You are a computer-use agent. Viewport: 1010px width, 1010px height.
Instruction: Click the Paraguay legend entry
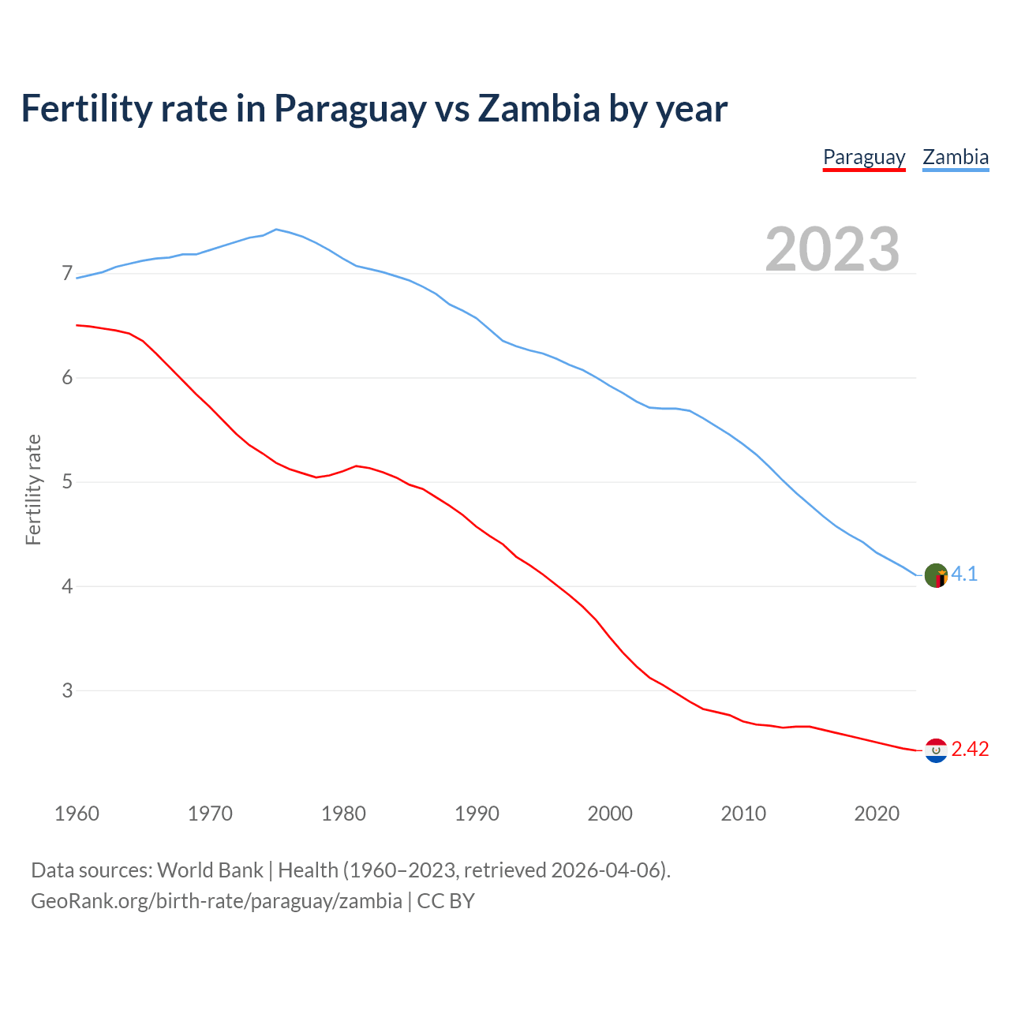tap(864, 157)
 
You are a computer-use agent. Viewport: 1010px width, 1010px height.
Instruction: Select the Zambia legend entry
tap(956, 157)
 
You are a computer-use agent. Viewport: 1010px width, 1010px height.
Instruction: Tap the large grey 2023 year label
tap(832, 249)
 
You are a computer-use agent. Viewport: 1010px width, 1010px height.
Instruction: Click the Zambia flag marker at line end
tap(936, 575)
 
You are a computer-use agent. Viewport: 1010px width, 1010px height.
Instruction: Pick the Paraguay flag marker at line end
tap(936, 750)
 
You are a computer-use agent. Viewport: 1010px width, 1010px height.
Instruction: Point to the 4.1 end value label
tap(964, 574)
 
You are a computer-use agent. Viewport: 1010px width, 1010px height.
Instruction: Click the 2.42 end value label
tap(970, 750)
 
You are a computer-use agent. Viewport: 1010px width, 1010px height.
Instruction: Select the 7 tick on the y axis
tap(67, 274)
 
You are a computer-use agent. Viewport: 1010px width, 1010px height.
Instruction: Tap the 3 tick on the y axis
tap(67, 690)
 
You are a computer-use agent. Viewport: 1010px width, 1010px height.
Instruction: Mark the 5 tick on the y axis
tap(67, 482)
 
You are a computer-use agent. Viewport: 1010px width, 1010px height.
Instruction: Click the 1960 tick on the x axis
tap(77, 814)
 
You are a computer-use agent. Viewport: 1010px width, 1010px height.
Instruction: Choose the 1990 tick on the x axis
tap(477, 814)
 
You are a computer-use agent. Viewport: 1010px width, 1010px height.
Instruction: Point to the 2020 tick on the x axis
tap(877, 814)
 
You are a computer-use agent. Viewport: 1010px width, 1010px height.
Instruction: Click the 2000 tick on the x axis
tap(610, 814)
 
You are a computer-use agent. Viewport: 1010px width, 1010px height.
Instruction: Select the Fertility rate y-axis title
tap(33, 489)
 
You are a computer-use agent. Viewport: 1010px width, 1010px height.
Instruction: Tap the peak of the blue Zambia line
tap(275, 229)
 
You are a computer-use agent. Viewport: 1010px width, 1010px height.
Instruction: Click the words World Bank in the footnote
tap(210, 870)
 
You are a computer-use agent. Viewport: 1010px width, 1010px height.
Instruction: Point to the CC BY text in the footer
tap(446, 901)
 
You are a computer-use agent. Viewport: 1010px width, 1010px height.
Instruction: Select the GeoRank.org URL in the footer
tap(216, 901)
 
